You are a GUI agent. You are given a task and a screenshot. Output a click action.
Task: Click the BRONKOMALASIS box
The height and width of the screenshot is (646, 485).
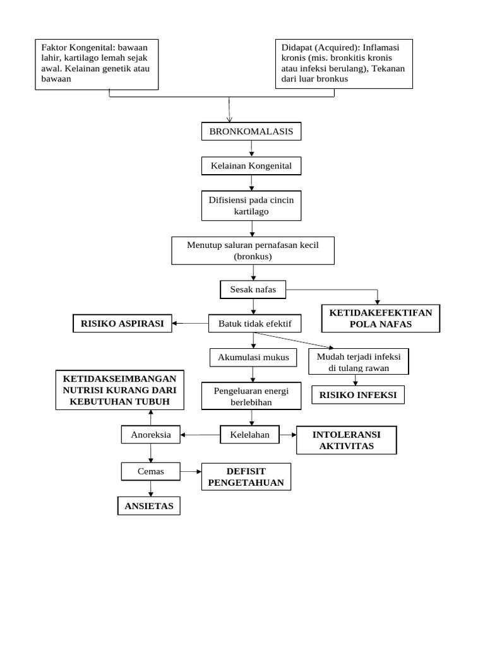251,131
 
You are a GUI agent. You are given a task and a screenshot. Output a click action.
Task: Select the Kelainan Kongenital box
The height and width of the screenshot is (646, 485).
251,166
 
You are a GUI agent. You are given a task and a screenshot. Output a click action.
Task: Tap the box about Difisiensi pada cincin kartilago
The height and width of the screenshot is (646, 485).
251,206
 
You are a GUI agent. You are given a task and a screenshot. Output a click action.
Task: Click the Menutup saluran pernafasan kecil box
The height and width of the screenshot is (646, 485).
253,250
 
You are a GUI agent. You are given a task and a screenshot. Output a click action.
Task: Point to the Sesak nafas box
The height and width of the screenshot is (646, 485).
253,290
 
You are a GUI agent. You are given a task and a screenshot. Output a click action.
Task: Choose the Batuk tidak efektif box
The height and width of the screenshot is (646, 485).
254,324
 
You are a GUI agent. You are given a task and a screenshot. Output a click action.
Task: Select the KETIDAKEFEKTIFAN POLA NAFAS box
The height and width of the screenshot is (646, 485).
381,319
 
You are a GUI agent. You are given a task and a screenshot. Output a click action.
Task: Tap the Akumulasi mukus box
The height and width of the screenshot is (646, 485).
253,358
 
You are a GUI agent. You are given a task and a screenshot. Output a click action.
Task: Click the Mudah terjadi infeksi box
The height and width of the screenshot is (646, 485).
358,362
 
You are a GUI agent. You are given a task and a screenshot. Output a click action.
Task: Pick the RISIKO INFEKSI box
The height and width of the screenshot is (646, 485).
357,395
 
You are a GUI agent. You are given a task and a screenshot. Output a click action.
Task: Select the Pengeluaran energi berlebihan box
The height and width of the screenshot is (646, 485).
252,396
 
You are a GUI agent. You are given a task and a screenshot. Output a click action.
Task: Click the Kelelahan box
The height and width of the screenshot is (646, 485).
249,435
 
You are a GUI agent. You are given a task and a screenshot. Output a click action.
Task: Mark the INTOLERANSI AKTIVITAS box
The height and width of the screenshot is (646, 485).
347,440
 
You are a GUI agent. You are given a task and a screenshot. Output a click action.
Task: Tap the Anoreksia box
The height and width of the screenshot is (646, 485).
150,435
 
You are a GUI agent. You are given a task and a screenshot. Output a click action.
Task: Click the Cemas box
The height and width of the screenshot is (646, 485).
150,471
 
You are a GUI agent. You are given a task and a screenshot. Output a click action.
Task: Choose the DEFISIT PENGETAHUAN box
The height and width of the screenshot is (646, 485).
246,477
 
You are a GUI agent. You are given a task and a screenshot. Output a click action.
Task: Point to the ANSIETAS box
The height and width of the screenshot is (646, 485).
149,506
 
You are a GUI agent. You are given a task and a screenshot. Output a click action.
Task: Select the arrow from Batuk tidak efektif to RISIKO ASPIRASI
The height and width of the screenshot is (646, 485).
190,324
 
